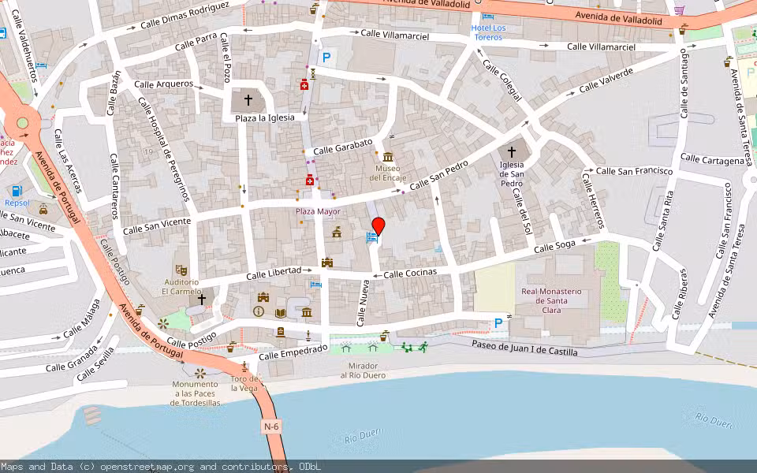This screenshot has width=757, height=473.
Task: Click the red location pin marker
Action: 378,227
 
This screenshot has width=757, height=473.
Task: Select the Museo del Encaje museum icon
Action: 387,157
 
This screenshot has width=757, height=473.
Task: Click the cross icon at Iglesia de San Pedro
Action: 511,151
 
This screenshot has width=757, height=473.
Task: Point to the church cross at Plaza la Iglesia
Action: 248,100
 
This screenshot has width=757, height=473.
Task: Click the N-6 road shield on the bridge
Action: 271,426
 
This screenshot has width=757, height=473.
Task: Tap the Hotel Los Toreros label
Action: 488,32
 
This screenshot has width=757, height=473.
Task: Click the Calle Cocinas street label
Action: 409,273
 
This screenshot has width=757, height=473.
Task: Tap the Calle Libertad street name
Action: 274,274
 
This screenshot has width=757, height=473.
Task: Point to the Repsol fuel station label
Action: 17,203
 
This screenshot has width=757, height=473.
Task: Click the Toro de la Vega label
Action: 244,383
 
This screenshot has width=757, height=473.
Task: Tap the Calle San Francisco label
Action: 634,170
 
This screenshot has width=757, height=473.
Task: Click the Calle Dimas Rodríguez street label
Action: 185,15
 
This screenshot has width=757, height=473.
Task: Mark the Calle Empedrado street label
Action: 293,352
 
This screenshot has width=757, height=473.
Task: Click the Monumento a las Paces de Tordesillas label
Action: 196,393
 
